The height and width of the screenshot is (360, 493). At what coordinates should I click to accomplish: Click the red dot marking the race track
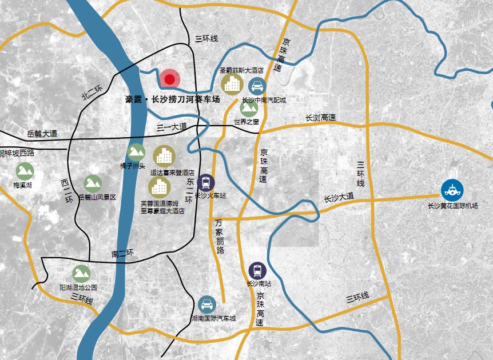169,80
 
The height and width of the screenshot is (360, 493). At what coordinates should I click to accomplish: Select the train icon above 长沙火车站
206,182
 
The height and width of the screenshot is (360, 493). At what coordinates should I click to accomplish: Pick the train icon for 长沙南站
257,271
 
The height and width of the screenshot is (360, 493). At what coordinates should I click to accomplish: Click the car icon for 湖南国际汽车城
206,305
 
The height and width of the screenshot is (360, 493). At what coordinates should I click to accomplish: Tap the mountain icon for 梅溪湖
25,171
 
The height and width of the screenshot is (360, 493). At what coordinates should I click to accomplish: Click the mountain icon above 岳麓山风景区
93,183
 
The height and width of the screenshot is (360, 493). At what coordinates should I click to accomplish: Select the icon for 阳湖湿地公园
81,274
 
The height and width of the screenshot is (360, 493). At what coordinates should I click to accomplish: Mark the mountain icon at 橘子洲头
136,151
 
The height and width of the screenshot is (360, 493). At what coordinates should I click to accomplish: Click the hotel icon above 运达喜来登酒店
164,156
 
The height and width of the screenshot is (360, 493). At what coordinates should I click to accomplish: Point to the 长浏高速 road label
320,118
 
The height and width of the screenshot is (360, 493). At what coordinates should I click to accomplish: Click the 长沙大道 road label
339,198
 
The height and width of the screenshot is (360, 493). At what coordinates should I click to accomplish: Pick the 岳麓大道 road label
42,134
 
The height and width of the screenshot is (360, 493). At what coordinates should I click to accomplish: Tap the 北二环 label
91,93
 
